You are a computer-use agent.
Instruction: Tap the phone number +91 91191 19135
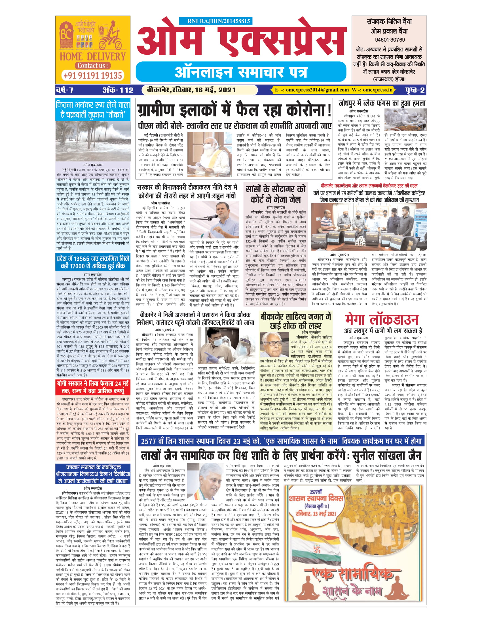pyautogui.click(x=92, y=76)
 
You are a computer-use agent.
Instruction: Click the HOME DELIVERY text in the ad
pyautogui.click(x=92, y=56)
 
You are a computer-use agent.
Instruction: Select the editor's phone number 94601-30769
pyautogui.click(x=390, y=40)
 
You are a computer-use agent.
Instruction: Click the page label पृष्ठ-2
pyautogui.click(x=415, y=90)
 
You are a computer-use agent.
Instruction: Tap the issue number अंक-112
pyautogui.click(x=118, y=90)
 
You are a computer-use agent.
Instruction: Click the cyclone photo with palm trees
pyautogui.click(x=93, y=141)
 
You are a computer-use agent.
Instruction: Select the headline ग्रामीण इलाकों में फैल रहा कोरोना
pyautogui.click(x=234, y=110)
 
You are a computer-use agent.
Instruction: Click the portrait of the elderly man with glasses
pyautogui.click(x=274, y=345)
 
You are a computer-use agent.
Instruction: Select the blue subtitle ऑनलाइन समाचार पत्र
pyautogui.click(x=241, y=72)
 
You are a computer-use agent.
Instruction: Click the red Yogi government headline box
pyautogui.click(x=93, y=387)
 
